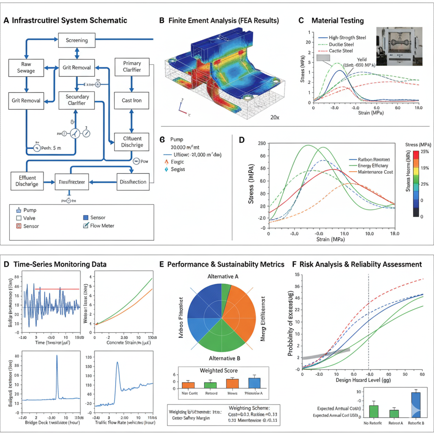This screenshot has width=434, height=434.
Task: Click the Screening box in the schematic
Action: [x=77, y=40]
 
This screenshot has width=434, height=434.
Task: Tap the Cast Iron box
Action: [x=131, y=101]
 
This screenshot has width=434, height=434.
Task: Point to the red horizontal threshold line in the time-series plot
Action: [x=59, y=289]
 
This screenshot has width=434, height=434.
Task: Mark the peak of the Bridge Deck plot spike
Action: [x=57, y=356]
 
